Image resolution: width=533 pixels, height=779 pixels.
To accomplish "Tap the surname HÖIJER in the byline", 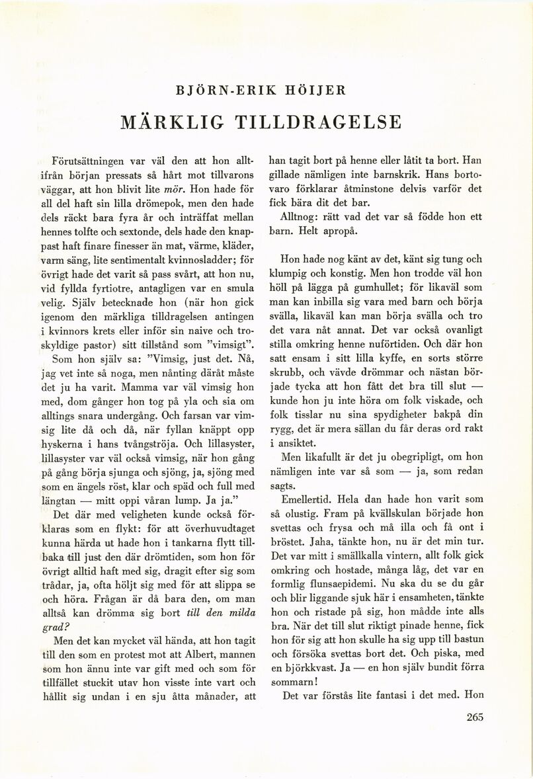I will [314, 89].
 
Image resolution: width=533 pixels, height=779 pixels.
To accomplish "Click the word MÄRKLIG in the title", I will [173, 122].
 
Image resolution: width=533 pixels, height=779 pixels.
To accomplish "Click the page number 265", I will [476, 719].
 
